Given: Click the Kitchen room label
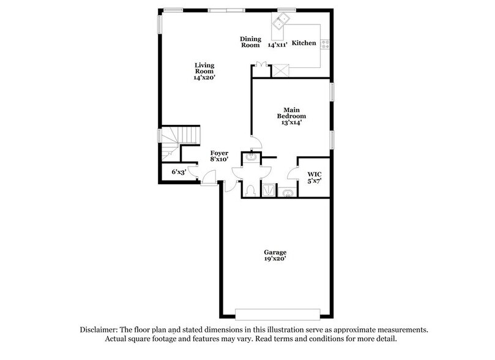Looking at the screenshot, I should (x=303, y=43).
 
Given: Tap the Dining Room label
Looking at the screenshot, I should (x=250, y=42).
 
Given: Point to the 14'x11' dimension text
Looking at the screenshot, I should (x=278, y=45).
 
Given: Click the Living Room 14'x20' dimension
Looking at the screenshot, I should (x=205, y=78).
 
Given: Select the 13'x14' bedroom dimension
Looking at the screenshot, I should (x=292, y=122).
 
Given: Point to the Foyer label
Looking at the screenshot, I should (x=219, y=153).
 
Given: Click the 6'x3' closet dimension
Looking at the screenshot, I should (x=178, y=172).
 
